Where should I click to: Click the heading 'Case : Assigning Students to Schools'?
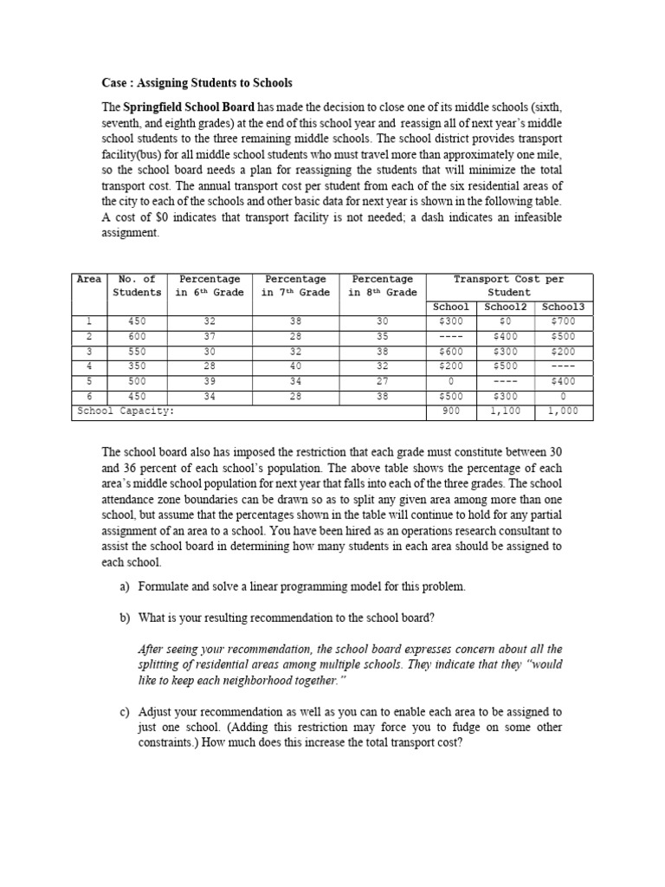point(197,83)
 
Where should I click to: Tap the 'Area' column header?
point(89,280)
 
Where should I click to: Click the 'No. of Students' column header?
point(137,286)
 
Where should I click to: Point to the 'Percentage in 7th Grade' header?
point(295,286)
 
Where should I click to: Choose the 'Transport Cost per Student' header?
point(508,286)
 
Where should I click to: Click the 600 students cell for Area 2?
point(137,336)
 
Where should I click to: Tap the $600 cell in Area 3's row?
point(450,352)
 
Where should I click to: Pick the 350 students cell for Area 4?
point(137,366)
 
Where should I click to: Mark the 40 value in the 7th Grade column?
point(295,366)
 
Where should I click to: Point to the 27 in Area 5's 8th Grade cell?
point(383,382)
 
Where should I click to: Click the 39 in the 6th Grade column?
point(209,382)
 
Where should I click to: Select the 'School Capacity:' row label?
point(125,412)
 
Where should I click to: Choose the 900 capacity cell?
point(450,412)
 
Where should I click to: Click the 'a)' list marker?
point(126,586)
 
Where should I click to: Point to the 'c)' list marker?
point(126,712)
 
